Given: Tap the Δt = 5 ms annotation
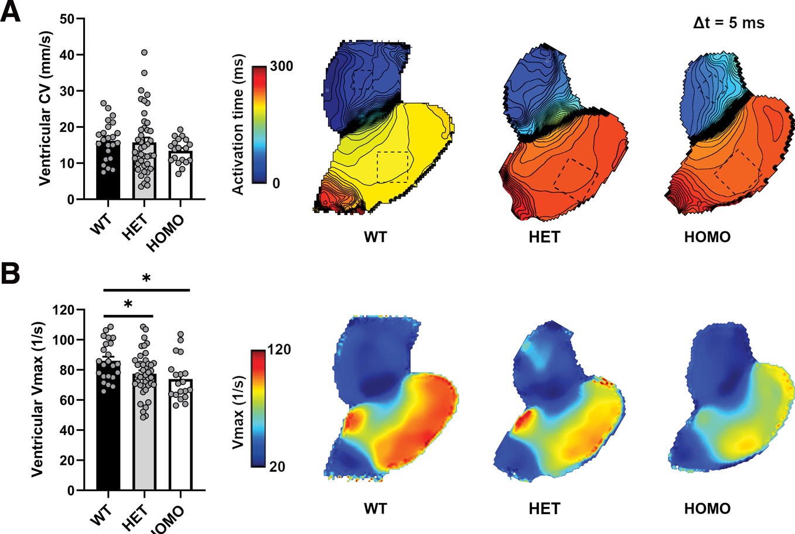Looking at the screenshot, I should point(725,23).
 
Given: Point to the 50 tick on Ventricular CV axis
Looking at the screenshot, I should point(69,19).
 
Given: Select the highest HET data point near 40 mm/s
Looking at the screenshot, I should point(144,53).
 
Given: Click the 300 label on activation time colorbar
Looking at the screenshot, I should point(282,66).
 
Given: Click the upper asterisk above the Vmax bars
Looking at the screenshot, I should point(146,278).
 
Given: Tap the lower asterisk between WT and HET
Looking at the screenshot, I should point(128,304).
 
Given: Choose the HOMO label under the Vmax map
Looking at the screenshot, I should point(707,508).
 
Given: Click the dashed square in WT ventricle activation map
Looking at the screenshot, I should point(393,166).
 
